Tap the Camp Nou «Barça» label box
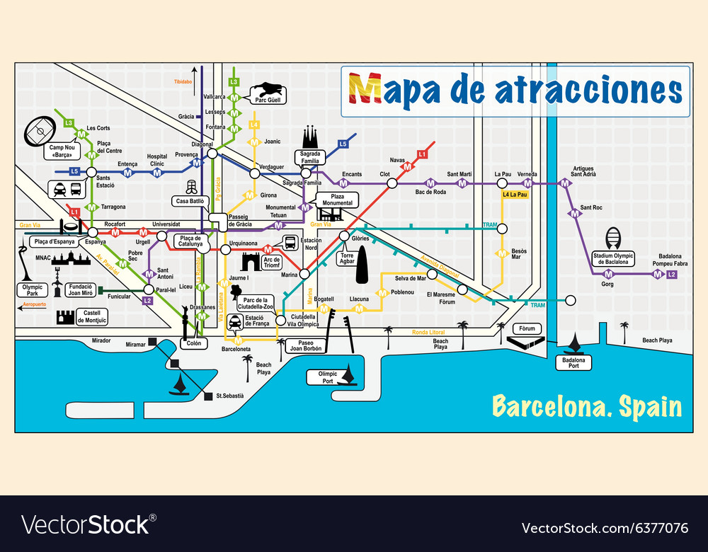(62, 151)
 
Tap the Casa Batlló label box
(190, 201)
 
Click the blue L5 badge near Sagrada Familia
(343, 144)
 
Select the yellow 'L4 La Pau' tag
(515, 194)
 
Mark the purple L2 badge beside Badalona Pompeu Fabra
(672, 274)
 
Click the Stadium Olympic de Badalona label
(613, 258)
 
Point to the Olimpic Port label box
(328, 377)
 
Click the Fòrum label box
(527, 329)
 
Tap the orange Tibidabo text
(183, 81)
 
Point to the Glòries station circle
(344, 236)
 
